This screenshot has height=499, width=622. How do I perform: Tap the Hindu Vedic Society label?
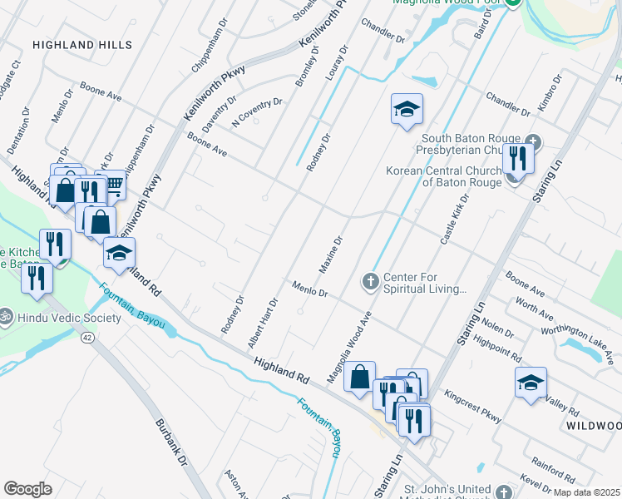click(x=54, y=318)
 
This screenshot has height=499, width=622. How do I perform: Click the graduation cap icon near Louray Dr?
click(x=407, y=109)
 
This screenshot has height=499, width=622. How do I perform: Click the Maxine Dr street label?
click(x=331, y=255)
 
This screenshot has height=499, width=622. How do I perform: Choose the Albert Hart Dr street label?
click(x=262, y=323)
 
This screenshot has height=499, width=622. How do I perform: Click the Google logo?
click(x=28, y=489)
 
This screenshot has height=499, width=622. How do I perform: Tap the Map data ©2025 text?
click(x=586, y=492)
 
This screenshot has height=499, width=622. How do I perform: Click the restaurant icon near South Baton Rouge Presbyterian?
click(x=518, y=156)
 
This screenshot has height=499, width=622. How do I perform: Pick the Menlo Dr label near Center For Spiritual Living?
click(x=311, y=289)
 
